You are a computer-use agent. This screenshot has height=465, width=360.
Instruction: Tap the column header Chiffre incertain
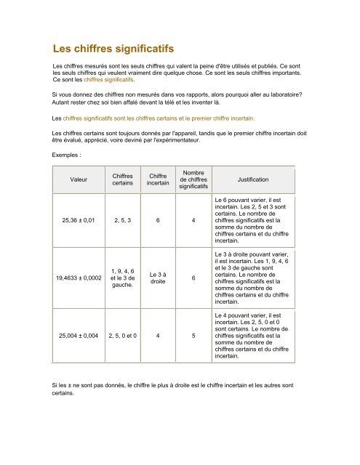(159, 179)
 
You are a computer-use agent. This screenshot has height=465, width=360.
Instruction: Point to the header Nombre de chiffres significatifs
(193, 179)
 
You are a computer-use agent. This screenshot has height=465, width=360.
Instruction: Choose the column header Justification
(252, 179)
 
